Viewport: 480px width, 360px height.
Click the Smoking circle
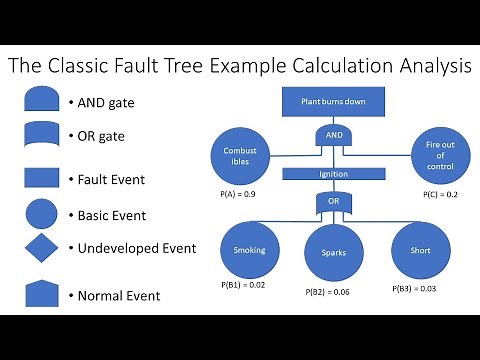[x=249, y=250]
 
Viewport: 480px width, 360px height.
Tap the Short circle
[x=413, y=251]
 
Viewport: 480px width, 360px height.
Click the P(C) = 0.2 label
[x=440, y=193]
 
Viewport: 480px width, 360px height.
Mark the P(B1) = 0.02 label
[x=244, y=285]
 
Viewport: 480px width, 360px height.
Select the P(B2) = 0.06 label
[x=329, y=292]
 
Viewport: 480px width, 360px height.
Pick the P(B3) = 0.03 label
[x=415, y=288]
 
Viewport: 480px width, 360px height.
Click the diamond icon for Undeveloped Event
[x=41, y=247]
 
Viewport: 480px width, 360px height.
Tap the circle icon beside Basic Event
[x=41, y=214]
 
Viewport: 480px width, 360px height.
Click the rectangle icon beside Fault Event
[x=41, y=178]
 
